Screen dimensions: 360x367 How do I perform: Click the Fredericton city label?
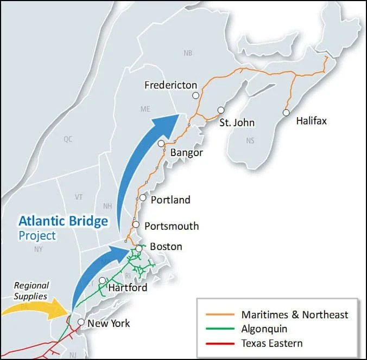click(x=170, y=85)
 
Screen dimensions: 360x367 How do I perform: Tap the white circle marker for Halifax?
click(x=286, y=113)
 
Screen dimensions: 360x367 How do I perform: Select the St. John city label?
click(x=237, y=123)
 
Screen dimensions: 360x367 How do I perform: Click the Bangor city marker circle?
click(x=161, y=144)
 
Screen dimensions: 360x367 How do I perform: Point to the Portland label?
click(x=170, y=200)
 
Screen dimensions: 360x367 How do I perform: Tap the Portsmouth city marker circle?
click(x=136, y=225)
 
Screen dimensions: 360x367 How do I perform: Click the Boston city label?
click(x=166, y=247)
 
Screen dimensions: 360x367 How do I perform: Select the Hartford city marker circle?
click(x=102, y=280)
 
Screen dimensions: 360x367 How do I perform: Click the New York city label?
click(x=109, y=324)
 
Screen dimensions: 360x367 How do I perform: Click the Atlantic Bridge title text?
click(x=63, y=221)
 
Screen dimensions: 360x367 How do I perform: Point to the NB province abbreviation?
click(x=188, y=53)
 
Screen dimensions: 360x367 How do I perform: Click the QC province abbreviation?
click(x=67, y=139)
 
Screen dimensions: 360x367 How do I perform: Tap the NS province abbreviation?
click(x=250, y=140)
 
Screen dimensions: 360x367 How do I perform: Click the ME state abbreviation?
click(x=145, y=109)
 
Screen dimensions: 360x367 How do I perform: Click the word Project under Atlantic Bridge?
click(x=37, y=236)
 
